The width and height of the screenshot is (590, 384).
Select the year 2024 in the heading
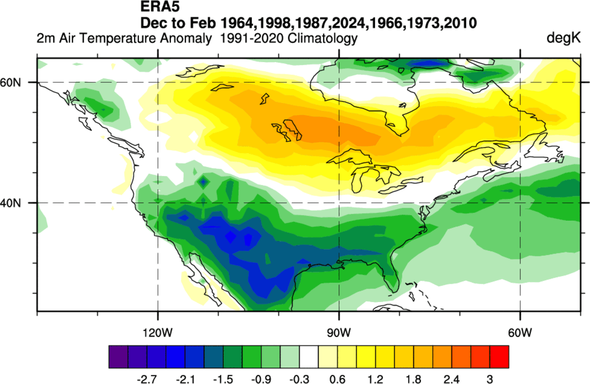pyautogui.click(x=350, y=23)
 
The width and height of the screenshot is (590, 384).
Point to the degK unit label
pyautogui.click(x=563, y=38)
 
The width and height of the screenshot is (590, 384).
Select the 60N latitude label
pyautogui.click(x=10, y=82)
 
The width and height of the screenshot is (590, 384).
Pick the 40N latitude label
pyautogui.click(x=10, y=203)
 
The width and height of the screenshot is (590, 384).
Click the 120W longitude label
pyautogui.click(x=157, y=333)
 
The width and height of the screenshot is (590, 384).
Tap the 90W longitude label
pyautogui.click(x=339, y=333)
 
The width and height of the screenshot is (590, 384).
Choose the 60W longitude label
pyautogui.click(x=520, y=333)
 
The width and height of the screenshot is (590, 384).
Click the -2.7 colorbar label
pyautogui.click(x=147, y=379)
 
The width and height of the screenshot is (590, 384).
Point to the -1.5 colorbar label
pyautogui.click(x=223, y=379)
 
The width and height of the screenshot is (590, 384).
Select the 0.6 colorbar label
pyautogui.click(x=337, y=379)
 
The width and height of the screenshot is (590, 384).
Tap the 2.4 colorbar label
pyautogui.click(x=452, y=379)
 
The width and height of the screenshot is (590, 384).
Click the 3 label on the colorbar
pyautogui.click(x=489, y=379)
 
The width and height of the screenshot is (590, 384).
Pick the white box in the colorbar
pyautogui.click(x=309, y=357)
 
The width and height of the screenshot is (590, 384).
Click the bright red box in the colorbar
pyautogui.click(x=499, y=357)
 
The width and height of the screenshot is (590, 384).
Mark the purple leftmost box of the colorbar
pyautogui.click(x=118, y=357)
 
